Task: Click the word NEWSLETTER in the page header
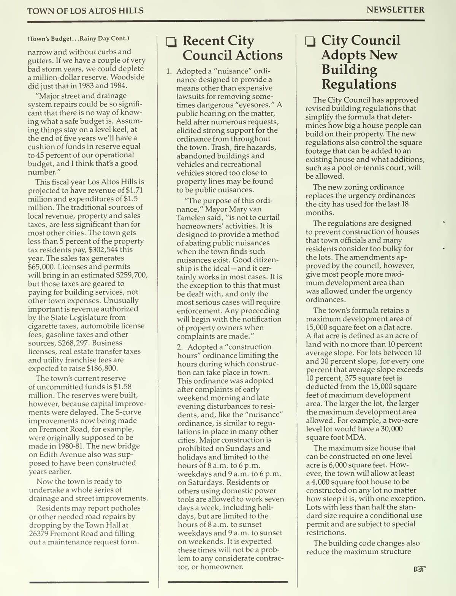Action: click(395, 10)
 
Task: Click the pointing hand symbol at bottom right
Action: click(420, 569)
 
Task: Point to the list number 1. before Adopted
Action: click(169, 71)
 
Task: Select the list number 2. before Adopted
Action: click(180, 347)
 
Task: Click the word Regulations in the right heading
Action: click(359, 84)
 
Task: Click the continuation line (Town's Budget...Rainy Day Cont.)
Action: click(78, 38)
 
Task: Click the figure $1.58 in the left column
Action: click(122, 387)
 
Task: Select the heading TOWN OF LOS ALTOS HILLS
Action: click(85, 11)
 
